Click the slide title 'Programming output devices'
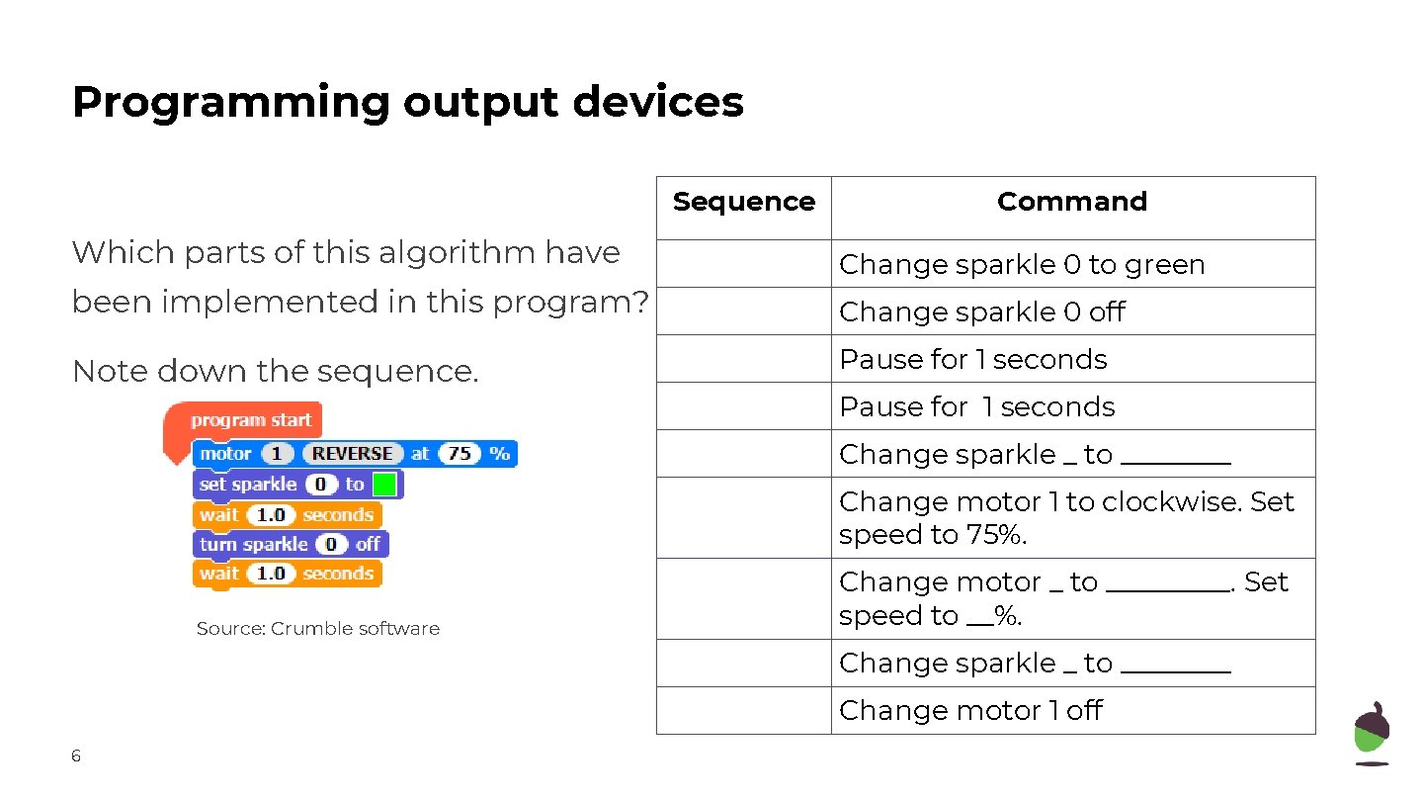point(407,102)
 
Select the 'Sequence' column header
point(743,202)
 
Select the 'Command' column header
point(1072,202)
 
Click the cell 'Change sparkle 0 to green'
point(1022,265)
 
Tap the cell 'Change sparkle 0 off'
point(982,312)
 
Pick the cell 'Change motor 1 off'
point(970,711)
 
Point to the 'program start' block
point(250,420)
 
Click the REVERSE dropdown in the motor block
point(352,454)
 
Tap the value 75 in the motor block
point(460,454)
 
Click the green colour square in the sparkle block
point(384,485)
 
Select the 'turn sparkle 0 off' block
point(290,545)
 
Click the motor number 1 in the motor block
point(277,454)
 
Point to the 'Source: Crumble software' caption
point(317,629)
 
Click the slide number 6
point(76,756)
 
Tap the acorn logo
point(1371,734)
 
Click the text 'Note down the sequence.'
point(276,372)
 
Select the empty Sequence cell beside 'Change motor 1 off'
point(743,711)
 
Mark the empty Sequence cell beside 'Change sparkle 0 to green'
point(743,265)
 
